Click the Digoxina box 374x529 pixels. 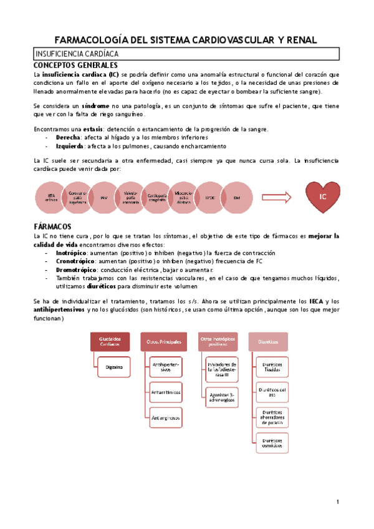pos(113,368)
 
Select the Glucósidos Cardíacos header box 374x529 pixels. pos(109,341)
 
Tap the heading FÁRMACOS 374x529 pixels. pos(52,226)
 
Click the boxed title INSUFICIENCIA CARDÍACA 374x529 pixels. pos(78,54)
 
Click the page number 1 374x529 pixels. pos(337,501)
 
